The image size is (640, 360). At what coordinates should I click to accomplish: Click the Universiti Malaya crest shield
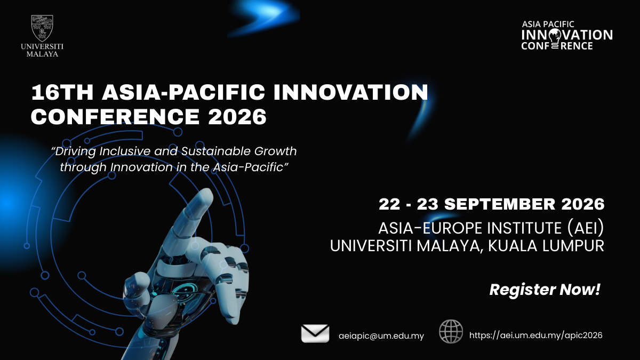tap(42, 28)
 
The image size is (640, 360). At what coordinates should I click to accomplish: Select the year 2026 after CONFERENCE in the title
tap(237, 117)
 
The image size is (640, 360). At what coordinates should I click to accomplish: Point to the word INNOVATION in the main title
tap(351, 92)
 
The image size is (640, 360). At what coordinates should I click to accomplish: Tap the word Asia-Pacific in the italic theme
tap(247, 167)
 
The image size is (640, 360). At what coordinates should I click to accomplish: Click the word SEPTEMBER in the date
tap(499, 204)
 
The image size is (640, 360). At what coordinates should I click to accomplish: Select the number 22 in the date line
tap(389, 204)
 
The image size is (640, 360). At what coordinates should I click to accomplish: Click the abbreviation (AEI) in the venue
tap(585, 228)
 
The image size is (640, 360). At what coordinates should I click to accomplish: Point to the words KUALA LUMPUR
tap(546, 246)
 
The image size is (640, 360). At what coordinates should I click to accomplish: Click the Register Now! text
tap(545, 290)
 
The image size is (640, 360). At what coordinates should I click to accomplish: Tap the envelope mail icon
tap(315, 333)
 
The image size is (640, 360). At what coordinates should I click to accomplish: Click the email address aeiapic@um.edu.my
tap(381, 335)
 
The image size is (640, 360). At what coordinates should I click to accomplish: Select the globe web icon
tap(451, 331)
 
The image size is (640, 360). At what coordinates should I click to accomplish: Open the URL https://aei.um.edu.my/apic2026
tap(535, 335)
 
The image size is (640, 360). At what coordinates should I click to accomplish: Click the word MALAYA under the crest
tap(42, 54)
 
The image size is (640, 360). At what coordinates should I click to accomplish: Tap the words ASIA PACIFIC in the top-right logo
tap(548, 25)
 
